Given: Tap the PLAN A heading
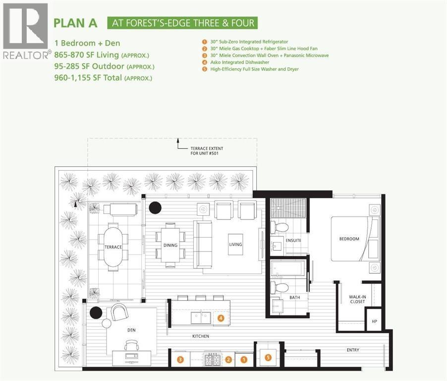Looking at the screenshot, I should coord(75,23).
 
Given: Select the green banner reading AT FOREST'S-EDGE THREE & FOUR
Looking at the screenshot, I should coord(183,23).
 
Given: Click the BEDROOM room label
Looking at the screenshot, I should coord(349,239).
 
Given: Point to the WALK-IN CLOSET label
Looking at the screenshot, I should coord(357,299).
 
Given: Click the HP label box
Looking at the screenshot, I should coord(374,321).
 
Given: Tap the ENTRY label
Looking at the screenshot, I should coord(353,350).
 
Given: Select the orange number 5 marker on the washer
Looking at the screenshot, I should coord(268,357).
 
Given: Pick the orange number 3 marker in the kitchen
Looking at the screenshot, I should coord(181,359).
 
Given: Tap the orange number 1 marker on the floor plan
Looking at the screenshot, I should coord(243,359).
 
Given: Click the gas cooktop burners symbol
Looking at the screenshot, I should coord(212,359).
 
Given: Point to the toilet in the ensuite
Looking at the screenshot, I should coord(281,228).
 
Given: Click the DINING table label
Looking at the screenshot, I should coord(170,245).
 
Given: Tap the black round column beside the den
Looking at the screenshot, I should coord(96,313).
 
